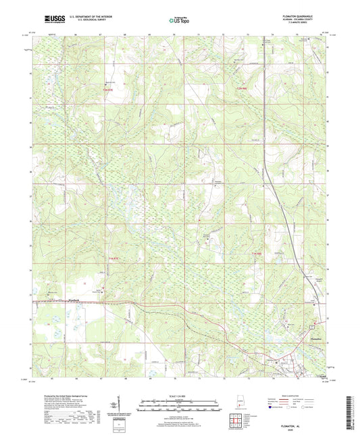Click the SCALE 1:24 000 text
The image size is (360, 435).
click(x=179, y=396)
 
